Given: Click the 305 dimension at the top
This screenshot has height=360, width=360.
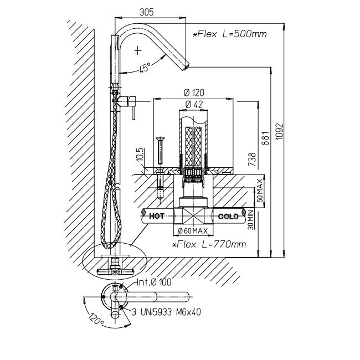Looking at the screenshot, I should click(x=147, y=12).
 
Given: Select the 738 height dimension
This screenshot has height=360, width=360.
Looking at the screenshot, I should click(x=252, y=159).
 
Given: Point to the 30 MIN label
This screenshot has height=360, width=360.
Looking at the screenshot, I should click(x=251, y=220).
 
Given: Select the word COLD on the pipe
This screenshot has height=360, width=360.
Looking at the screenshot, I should click(x=227, y=216).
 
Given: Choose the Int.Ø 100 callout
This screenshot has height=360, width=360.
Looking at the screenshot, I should click(x=155, y=282).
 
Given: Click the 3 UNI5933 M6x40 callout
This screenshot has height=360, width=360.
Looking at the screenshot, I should click(x=166, y=312).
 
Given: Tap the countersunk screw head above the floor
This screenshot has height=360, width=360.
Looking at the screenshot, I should click(x=160, y=139).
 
